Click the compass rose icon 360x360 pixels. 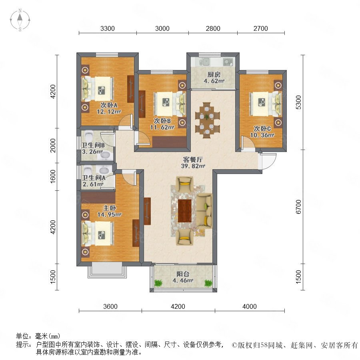click(20, 20)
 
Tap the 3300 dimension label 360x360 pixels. click(108, 28)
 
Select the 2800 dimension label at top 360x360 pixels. click(213, 28)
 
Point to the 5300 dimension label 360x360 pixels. click(298, 102)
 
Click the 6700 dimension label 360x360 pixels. click(298, 207)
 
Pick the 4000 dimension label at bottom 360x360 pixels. click(250, 306)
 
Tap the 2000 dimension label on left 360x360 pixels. click(53, 145)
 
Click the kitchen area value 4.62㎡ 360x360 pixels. click(214, 81)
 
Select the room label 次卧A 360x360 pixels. click(109, 105)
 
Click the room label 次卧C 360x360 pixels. click(262, 128)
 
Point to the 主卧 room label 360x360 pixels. click(110, 208)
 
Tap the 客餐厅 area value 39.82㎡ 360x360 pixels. click(193, 166)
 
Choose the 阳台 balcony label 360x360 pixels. click(183, 274)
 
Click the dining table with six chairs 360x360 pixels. click(207, 120)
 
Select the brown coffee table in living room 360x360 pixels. click(184, 211)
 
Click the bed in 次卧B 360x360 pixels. click(170, 104)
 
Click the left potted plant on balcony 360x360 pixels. click(158, 283)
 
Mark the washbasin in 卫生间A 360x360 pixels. click(104, 170)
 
